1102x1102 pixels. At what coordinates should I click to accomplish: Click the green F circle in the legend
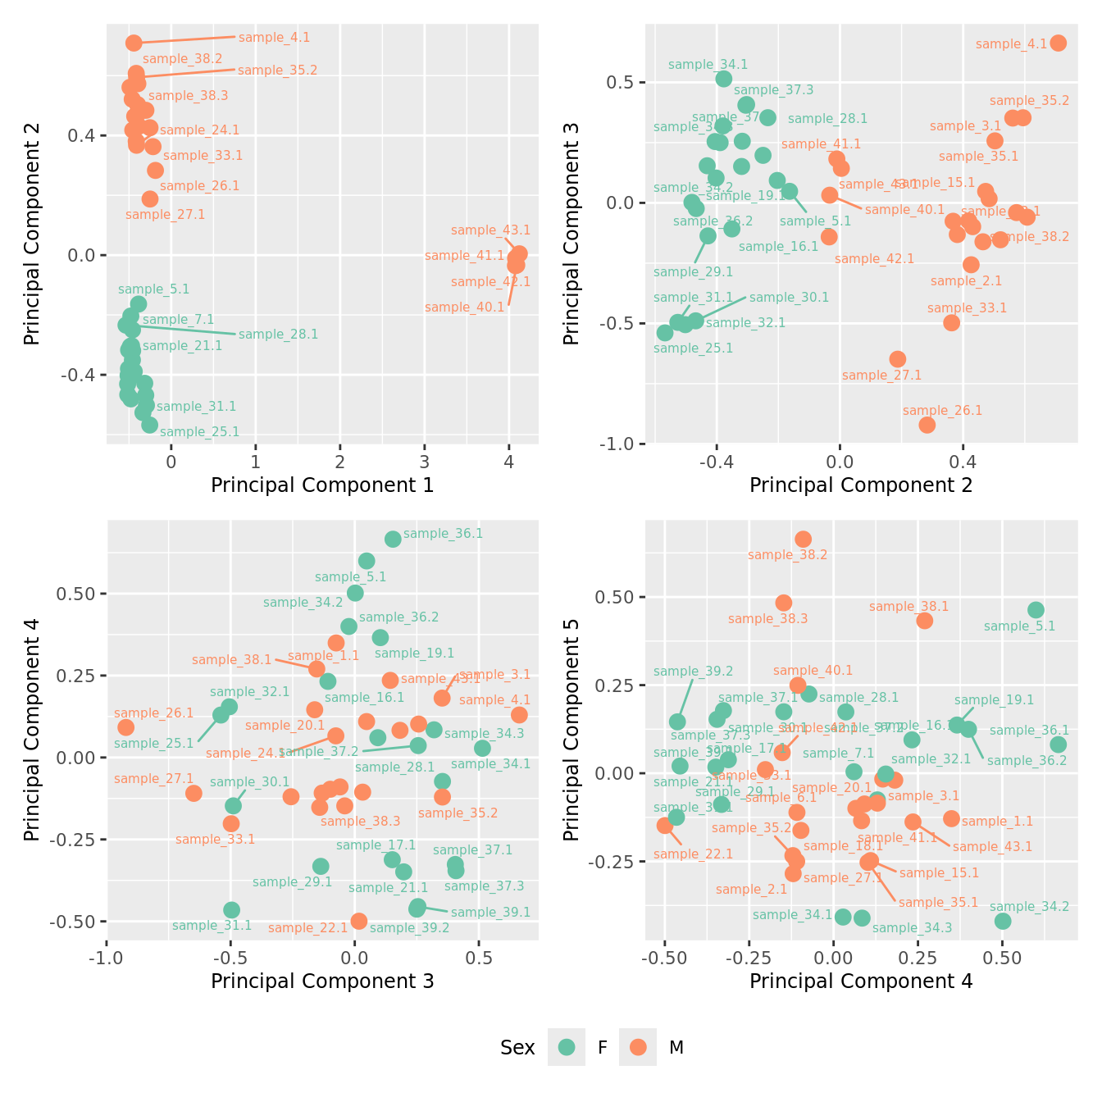point(567,1047)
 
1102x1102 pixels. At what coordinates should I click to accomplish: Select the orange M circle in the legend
point(638,1047)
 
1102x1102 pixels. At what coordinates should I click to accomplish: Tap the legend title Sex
point(517,1047)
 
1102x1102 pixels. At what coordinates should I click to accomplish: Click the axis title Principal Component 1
point(322,485)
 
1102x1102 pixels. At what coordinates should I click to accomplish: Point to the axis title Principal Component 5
point(571,729)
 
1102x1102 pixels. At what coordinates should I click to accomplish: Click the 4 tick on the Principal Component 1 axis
point(509,462)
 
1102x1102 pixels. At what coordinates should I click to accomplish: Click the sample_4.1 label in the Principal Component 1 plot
point(274,38)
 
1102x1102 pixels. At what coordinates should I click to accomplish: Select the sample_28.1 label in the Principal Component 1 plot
point(278,335)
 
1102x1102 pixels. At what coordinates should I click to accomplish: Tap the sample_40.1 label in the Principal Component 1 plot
point(465,307)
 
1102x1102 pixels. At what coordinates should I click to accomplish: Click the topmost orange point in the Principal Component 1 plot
point(134,43)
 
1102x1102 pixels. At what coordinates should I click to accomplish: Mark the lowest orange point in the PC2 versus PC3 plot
point(927,425)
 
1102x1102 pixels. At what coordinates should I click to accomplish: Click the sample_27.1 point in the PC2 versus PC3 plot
point(898,359)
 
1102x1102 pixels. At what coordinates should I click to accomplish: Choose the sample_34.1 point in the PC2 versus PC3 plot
point(724,79)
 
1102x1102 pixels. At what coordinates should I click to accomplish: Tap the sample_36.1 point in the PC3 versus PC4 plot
point(393,539)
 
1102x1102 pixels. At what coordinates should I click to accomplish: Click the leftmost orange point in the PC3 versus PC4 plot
point(125,727)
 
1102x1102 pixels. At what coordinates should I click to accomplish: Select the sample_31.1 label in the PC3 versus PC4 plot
point(212,926)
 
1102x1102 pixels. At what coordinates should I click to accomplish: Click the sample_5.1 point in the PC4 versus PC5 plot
point(1036,610)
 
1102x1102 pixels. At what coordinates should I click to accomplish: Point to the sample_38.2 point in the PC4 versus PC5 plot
point(803,539)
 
